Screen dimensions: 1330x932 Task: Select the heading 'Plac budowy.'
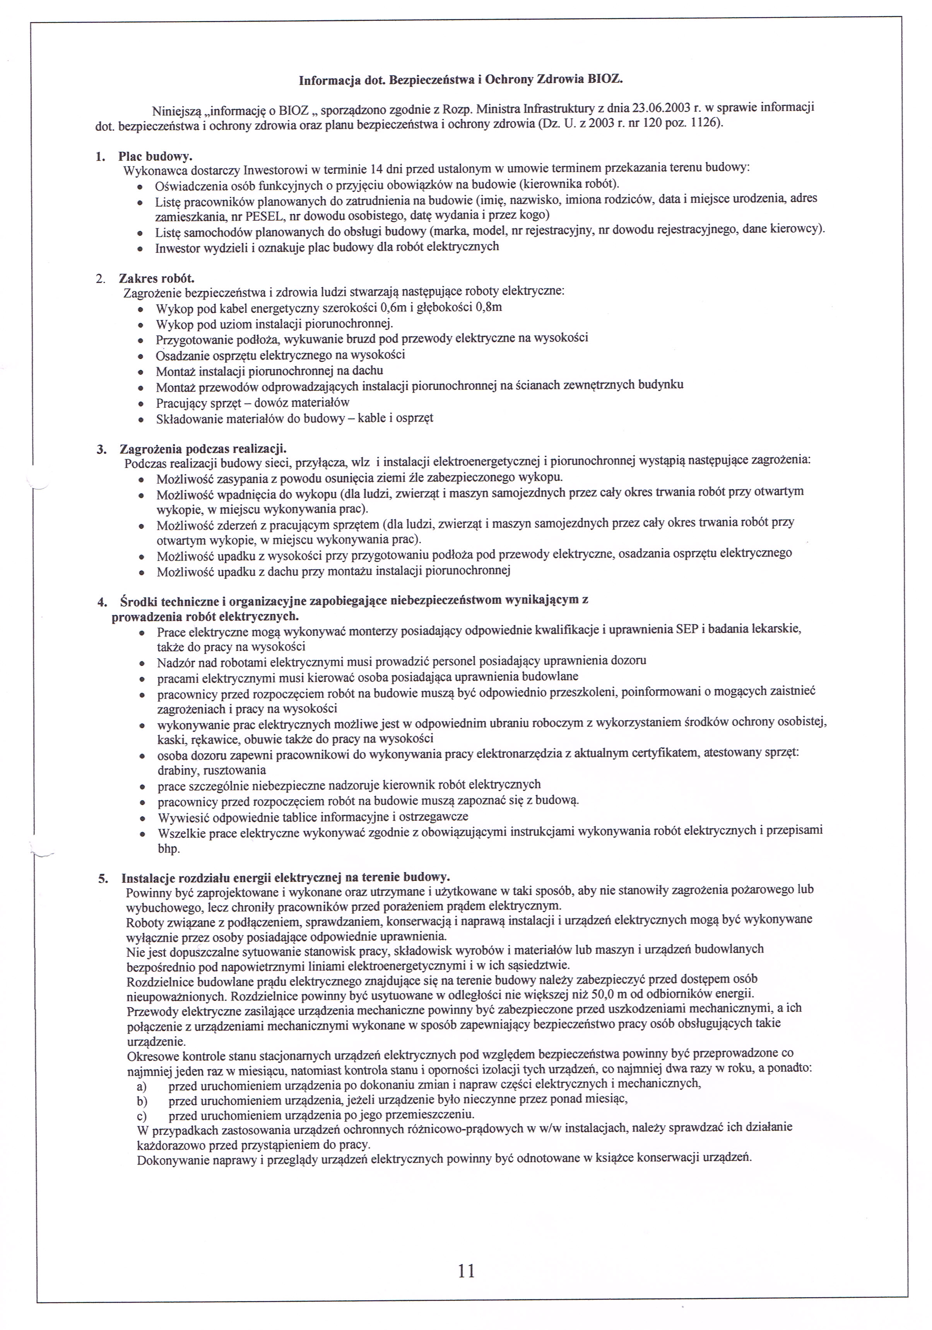click(155, 156)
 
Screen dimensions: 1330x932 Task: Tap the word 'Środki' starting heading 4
click(139, 601)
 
